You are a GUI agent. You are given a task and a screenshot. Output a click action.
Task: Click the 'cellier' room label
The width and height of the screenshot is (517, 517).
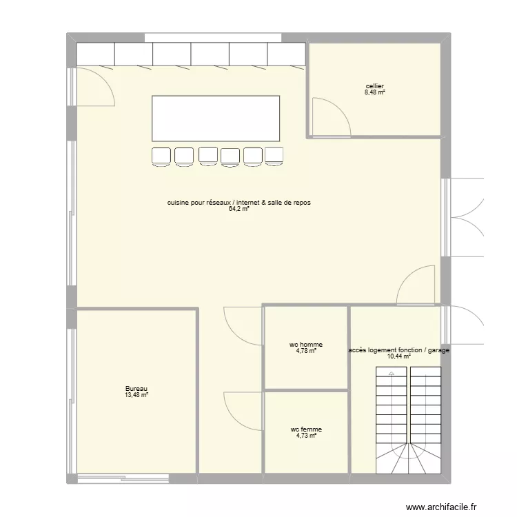click(375, 86)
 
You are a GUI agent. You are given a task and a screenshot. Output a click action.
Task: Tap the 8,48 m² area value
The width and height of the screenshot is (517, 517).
click(375, 92)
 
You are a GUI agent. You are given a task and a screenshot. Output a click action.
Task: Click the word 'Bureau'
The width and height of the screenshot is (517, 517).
click(136, 389)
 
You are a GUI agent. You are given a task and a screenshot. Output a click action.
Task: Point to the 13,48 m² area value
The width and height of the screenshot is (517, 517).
click(136, 395)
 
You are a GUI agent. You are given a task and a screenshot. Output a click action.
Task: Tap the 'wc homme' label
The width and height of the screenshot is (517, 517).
click(306, 345)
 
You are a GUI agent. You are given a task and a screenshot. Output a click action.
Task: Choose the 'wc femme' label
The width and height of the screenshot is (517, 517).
click(306, 429)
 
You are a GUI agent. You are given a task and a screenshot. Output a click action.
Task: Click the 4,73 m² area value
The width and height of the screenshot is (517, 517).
click(306, 436)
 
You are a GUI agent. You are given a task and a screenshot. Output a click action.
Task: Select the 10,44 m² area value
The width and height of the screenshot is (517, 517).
click(398, 356)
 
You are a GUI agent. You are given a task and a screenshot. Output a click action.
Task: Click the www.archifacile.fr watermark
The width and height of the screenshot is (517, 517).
click(441, 507)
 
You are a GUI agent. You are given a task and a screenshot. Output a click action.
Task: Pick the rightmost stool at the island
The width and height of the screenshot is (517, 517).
click(274, 156)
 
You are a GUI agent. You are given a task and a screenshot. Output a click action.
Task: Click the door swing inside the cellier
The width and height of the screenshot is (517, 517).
click(330, 116)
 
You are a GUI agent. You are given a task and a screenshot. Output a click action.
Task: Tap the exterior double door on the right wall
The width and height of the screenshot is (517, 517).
click(465, 216)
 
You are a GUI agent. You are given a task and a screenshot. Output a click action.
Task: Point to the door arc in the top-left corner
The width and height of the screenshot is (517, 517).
click(95, 86)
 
